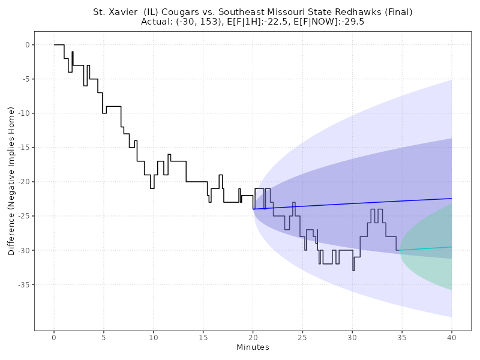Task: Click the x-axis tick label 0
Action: [x=54, y=338]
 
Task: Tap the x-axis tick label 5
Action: [x=104, y=338]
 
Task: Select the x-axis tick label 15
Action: [x=203, y=338]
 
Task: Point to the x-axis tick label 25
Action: [x=302, y=338]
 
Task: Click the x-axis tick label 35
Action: [x=402, y=338]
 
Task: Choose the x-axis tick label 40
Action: [x=452, y=338]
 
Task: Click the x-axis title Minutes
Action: [x=253, y=347]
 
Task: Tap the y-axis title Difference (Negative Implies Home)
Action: [x=11, y=181]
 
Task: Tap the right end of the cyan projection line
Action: [x=452, y=247]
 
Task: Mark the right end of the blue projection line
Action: [x=452, y=198]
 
